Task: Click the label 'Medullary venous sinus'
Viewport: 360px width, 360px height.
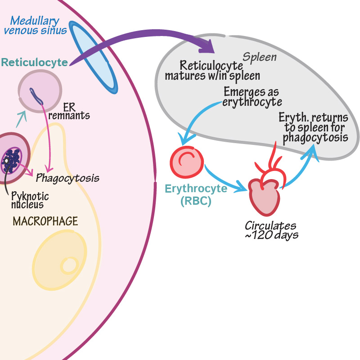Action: (x=36, y=26)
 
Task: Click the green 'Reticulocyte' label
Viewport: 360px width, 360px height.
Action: (x=35, y=62)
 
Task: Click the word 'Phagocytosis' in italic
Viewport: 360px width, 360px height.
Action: (x=67, y=177)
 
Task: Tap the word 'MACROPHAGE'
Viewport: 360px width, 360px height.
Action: (x=45, y=221)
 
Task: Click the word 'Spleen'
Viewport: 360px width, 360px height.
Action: (x=260, y=57)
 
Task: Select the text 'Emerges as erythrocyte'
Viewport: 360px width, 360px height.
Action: (x=252, y=97)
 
